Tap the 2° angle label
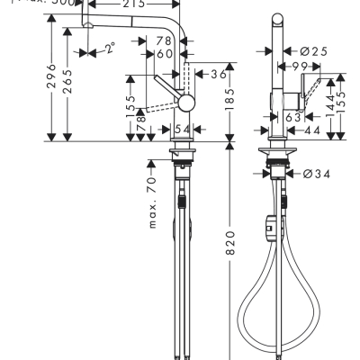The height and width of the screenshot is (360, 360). coord(110,49)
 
